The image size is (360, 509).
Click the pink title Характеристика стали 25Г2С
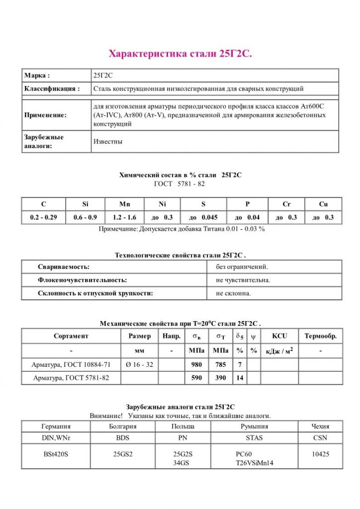[x=180, y=53]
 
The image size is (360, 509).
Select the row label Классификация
[x=52, y=88]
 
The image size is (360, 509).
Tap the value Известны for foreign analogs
[x=108, y=141]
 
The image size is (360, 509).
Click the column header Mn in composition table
[x=124, y=204]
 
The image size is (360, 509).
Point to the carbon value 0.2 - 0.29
[x=44, y=217]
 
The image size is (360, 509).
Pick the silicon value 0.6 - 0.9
[x=85, y=217]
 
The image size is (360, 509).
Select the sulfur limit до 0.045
[x=203, y=217]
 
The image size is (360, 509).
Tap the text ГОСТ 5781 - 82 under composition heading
[x=180, y=184]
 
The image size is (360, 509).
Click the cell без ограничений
[x=242, y=267]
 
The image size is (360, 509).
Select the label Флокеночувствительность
[x=83, y=280]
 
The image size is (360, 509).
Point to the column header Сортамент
[x=71, y=336]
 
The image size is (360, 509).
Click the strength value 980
[x=197, y=364]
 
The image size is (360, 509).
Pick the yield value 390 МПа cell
[x=220, y=378]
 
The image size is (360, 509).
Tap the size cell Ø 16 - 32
[x=139, y=364]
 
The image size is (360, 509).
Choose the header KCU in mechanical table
[x=279, y=336]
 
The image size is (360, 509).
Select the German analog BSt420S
[x=56, y=454]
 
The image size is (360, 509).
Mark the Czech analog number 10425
[x=320, y=454]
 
